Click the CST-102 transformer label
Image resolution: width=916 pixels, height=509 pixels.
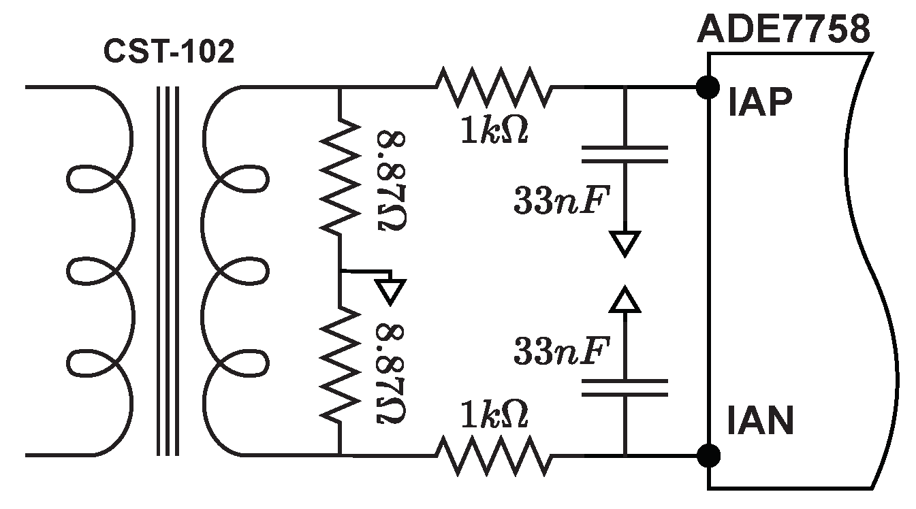tap(168, 52)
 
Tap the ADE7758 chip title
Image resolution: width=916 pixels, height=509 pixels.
tap(784, 31)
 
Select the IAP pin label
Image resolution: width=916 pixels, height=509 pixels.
tap(759, 105)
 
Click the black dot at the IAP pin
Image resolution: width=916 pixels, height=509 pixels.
tap(708, 86)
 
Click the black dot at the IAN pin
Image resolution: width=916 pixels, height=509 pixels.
tap(708, 454)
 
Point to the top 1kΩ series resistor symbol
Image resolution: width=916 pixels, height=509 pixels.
tap(492, 86)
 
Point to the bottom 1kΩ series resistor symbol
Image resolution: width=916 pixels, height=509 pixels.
tap(492, 455)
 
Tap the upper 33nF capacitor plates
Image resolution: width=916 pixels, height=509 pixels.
tap(625, 154)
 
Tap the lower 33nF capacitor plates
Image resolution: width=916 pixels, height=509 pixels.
tap(625, 387)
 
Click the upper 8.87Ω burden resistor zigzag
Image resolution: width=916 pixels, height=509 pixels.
tap(339, 176)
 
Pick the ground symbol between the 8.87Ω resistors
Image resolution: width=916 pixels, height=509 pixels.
tap(390, 289)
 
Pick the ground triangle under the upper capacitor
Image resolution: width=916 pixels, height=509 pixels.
tap(625, 243)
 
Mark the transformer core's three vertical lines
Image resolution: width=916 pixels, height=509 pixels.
tap(168, 270)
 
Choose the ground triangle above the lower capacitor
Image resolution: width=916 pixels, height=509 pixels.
tap(625, 299)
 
